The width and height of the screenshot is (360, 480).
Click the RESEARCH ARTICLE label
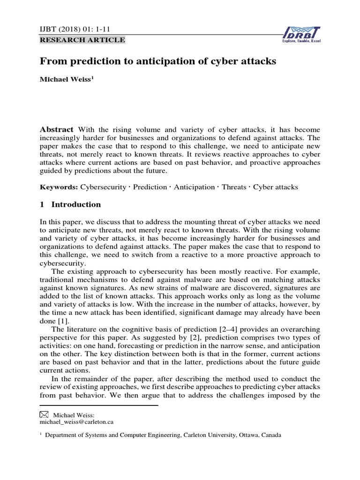pyautogui.click(x=83, y=40)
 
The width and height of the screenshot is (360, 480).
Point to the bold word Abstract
pyautogui.click(x=56, y=116)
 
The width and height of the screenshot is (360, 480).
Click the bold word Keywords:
pyautogui.click(x=59, y=187)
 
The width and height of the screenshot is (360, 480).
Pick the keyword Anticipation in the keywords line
pyautogui.click(x=194, y=187)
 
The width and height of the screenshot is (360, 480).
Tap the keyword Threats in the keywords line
pyautogui.click(x=233, y=187)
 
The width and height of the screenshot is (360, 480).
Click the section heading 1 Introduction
pyautogui.click(x=70, y=204)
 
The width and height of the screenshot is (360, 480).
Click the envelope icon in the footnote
pyautogui.click(x=44, y=414)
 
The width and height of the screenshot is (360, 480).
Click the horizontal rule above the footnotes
pyautogui.click(x=99, y=405)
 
